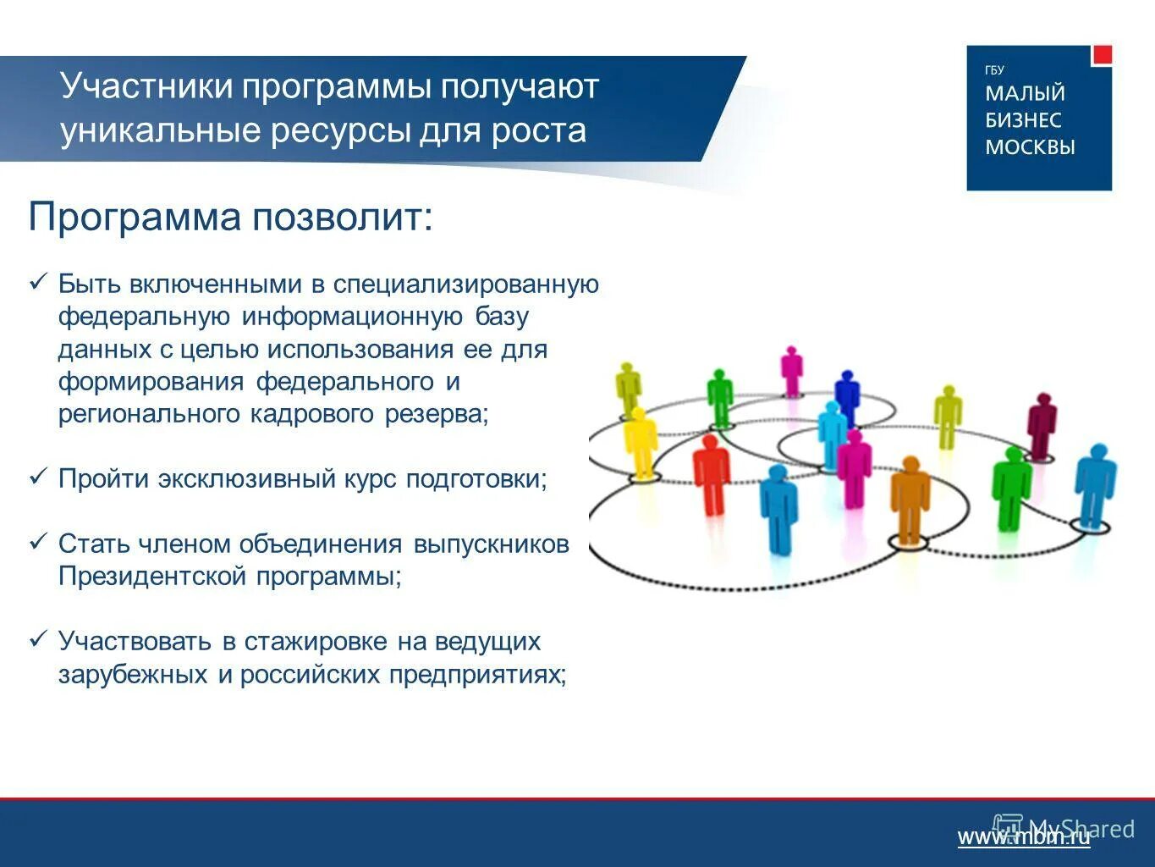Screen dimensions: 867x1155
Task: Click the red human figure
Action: [x=711, y=474]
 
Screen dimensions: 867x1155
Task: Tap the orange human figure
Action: [x=910, y=500]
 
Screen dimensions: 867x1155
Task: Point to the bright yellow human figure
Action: [x=640, y=440]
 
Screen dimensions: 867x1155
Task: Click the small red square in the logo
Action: [x=1102, y=55]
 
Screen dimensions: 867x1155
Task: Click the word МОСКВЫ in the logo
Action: [x=1030, y=147]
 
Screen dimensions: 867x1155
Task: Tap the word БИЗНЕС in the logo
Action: [x=1023, y=120]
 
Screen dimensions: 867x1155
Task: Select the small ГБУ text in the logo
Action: [x=994, y=70]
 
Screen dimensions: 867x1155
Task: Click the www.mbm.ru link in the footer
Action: [x=1024, y=837]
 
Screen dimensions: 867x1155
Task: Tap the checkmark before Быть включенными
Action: [x=38, y=283]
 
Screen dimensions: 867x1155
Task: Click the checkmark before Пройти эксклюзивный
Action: [x=38, y=478]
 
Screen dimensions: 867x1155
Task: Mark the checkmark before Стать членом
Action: [x=38, y=543]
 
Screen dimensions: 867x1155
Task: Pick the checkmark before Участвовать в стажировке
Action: [x=38, y=641]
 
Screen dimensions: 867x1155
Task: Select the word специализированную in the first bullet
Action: [x=465, y=284]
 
